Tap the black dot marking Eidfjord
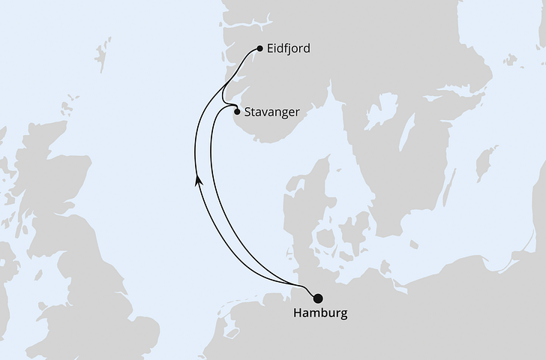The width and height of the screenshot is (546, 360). [259, 49]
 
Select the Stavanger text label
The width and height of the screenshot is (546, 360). [272, 112]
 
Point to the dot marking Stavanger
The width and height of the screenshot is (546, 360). [238, 112]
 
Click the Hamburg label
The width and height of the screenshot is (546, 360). [321, 313]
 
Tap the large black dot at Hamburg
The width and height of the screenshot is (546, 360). [318, 298]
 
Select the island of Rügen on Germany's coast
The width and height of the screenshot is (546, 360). [385, 266]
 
